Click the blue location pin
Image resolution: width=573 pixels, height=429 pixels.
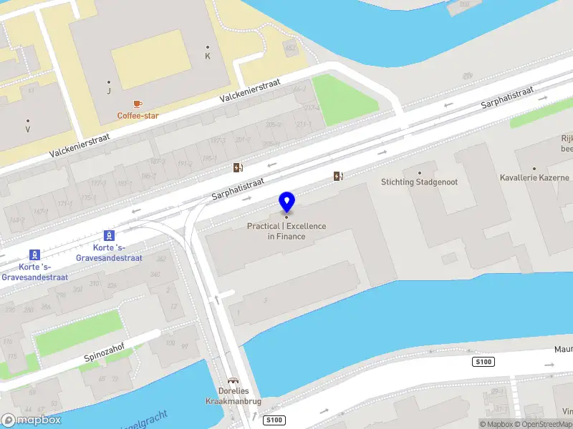point(286,202)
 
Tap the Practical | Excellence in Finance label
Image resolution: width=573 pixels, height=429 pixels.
point(286,231)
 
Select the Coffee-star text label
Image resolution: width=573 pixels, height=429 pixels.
point(138,115)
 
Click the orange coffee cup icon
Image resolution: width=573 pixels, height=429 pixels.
point(138,104)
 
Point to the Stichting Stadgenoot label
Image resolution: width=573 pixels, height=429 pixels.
point(420,182)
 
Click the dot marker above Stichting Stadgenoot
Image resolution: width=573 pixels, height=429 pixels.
point(420,172)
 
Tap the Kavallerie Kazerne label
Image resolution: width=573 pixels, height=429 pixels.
point(534,177)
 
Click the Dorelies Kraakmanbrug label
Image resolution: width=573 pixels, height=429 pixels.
point(233,396)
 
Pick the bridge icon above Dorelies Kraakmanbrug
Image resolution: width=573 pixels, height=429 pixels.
point(232,381)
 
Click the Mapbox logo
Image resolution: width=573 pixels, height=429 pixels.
point(31,420)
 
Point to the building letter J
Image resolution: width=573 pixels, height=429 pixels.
point(109,91)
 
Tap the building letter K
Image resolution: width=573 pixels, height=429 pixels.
point(208,56)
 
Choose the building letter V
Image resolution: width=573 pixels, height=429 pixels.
point(28,129)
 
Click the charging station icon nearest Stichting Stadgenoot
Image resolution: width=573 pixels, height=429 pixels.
point(337,176)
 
